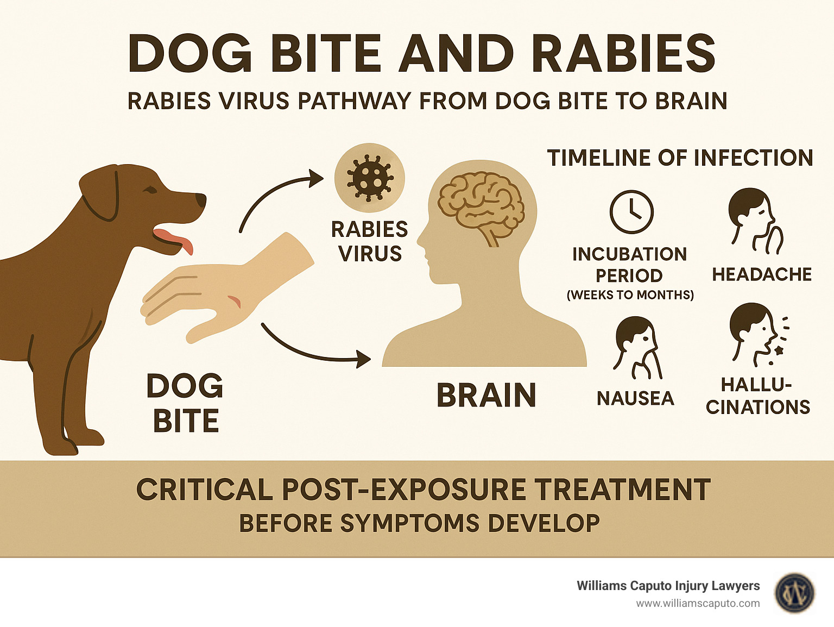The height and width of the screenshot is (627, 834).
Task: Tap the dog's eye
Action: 150,190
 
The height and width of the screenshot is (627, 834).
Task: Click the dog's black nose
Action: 200,200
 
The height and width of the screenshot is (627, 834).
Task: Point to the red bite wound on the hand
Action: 235,302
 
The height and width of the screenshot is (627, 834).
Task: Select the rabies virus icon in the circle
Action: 369,178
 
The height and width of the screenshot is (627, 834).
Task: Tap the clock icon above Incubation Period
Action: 631,212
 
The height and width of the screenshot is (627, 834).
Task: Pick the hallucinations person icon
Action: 757,334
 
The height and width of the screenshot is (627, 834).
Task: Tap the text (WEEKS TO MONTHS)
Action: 630,295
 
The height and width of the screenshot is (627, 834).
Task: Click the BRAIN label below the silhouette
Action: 486,395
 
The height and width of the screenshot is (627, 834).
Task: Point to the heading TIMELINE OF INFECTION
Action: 680,158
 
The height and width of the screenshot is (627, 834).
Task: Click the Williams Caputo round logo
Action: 795,593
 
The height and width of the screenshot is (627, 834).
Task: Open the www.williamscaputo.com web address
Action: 698,604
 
